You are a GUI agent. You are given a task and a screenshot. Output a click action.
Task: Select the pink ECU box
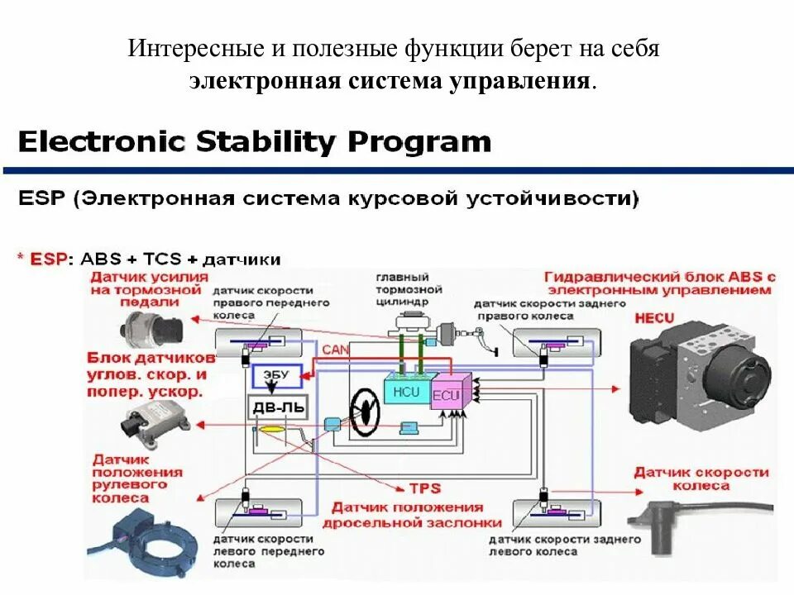click(x=447, y=394)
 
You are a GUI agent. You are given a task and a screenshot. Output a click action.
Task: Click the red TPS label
click(x=423, y=488)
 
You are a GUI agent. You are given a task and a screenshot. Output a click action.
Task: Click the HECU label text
click(x=655, y=317)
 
